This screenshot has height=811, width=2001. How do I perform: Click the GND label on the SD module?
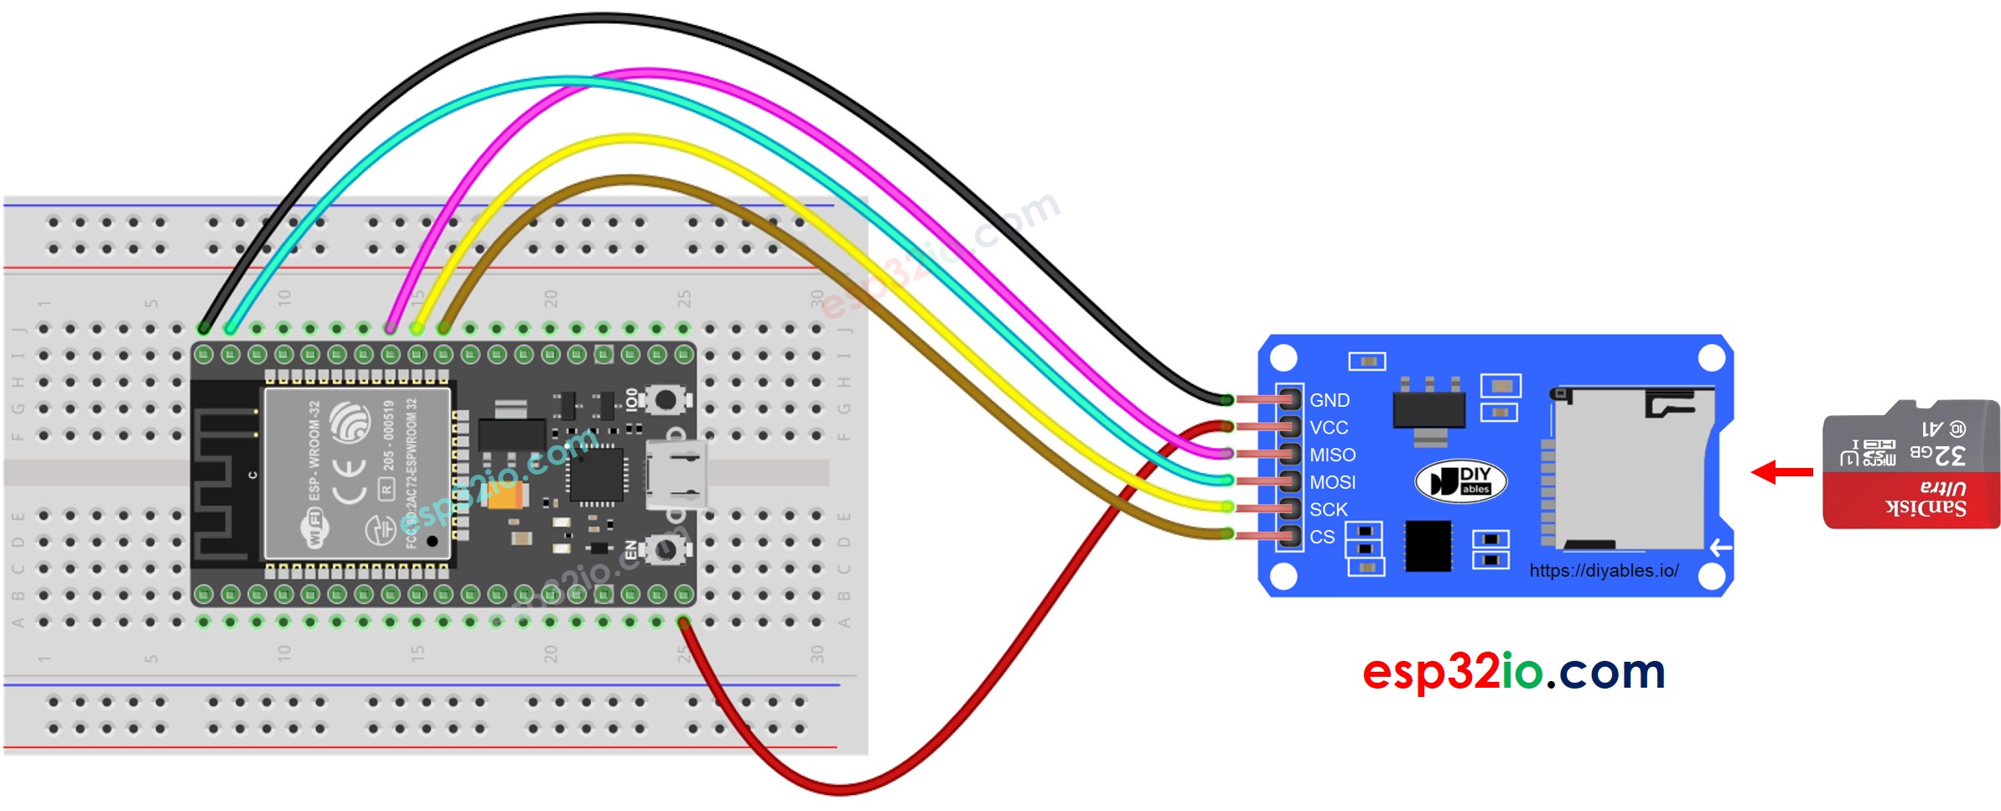coord(1330,400)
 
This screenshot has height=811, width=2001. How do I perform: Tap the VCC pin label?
coord(1329,428)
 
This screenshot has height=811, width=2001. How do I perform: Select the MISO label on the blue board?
coord(1332,455)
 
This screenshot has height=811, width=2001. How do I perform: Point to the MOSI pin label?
coord(1332,482)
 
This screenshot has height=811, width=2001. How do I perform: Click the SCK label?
coord(1329,509)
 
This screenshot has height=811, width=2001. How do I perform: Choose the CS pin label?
coord(1322,537)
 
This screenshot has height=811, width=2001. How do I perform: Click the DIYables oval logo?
coord(1460,481)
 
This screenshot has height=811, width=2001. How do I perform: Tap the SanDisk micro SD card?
coord(1910,465)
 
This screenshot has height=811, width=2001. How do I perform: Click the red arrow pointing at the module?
coord(1781,472)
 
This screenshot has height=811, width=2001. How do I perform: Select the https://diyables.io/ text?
coord(1604,570)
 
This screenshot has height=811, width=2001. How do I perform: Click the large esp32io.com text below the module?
coord(1513,672)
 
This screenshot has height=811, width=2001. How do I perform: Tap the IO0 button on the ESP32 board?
coord(666,400)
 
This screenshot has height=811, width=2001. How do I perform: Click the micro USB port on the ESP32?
coord(674,475)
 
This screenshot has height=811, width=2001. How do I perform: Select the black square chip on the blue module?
coord(1428,546)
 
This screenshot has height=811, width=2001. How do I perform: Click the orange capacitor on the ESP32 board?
coord(505,496)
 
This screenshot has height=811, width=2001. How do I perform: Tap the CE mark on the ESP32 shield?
coord(349,481)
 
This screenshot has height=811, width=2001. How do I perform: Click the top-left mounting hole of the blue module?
coord(1283,358)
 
